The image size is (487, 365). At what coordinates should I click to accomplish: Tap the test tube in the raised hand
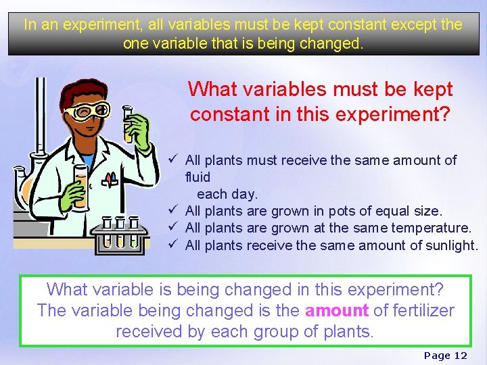click(x=128, y=122)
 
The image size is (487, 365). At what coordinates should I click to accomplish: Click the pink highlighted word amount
click(x=337, y=310)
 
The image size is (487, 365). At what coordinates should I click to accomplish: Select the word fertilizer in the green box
click(x=420, y=310)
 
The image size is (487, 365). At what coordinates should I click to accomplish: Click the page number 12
click(x=461, y=356)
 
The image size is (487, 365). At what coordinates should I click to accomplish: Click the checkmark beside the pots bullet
click(x=174, y=211)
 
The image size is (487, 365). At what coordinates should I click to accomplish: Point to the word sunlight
click(x=452, y=245)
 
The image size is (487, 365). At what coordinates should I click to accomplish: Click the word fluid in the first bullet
click(x=198, y=177)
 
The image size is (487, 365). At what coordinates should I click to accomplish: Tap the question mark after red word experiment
click(x=444, y=114)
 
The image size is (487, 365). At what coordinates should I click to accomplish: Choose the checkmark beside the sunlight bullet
click(x=174, y=245)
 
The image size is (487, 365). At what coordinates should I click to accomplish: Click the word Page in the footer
click(x=436, y=356)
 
